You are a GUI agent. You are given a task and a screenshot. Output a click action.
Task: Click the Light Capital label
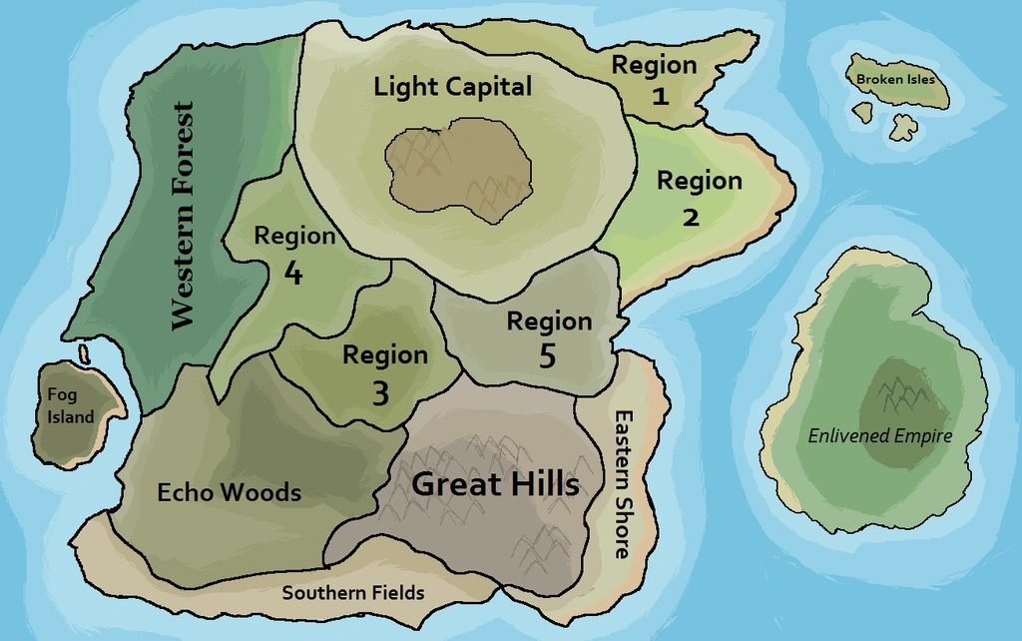point(452,87)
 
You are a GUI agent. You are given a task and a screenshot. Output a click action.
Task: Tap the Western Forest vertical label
point(182,216)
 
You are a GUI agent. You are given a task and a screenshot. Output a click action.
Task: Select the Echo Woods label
point(229,492)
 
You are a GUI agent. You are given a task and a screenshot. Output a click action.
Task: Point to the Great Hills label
point(495,484)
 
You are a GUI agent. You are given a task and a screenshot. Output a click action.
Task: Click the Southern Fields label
point(352,593)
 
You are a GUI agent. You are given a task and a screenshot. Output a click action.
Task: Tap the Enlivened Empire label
point(879,436)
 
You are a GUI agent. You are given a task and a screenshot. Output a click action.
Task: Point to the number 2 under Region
point(691,217)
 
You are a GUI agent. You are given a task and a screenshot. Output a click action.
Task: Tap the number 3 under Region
point(380,394)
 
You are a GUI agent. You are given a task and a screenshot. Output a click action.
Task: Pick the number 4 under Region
point(293,273)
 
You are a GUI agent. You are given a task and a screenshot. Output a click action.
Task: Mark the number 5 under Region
point(547,356)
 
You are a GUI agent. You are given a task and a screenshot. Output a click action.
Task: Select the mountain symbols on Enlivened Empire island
point(903,395)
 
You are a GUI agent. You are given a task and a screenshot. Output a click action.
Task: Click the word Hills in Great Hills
point(541,484)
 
